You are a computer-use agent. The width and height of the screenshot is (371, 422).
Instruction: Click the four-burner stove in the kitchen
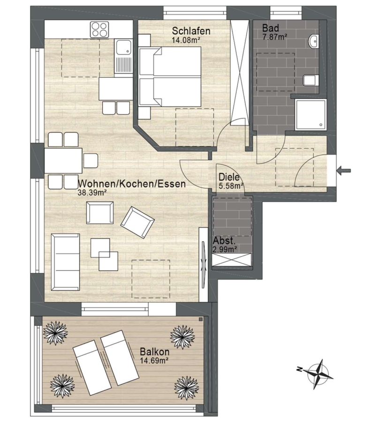coord(99,30)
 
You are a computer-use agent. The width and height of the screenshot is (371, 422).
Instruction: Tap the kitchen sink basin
coord(123,48)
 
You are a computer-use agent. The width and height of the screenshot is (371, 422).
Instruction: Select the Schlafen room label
coord(191,31)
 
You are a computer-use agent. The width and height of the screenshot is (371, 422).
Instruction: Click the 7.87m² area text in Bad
coord(274,37)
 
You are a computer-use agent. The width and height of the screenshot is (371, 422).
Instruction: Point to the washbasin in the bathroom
coord(313,41)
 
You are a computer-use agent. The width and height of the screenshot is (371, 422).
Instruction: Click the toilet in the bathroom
coord(311,80)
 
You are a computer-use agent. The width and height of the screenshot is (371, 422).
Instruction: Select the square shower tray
coord(310,115)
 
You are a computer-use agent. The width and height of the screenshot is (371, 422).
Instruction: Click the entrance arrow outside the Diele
coord(344,170)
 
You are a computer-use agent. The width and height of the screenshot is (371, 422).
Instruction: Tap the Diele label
coord(229,177)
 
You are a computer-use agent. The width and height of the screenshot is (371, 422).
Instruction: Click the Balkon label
coord(154,352)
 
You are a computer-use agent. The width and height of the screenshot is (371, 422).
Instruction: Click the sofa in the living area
coord(65,262)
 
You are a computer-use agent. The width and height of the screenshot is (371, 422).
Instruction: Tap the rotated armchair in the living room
coord(137,222)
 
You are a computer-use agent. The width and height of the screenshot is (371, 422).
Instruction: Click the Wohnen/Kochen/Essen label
coord(132,184)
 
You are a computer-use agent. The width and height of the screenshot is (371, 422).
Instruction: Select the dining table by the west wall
coord(63,161)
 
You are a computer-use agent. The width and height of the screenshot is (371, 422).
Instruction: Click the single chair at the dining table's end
coord(91,161)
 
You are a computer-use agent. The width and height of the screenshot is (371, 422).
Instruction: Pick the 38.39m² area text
coord(92,192)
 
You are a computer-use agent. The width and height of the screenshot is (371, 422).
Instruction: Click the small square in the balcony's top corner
coord(201,319)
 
